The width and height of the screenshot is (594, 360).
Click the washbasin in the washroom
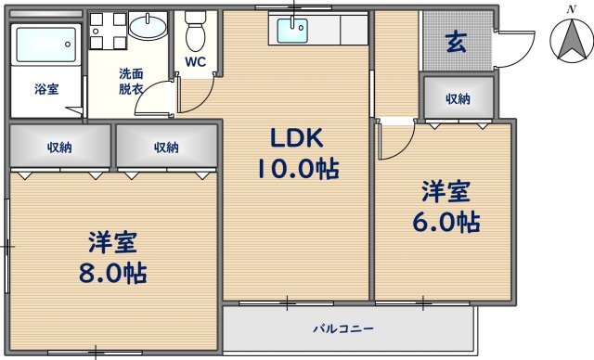coord(148,27)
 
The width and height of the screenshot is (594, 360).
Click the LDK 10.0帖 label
coord(297,154)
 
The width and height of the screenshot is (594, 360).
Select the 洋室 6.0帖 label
coord(447,208)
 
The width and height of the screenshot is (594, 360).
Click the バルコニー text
coord(342,329)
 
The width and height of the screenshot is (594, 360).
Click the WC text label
coord(195,63)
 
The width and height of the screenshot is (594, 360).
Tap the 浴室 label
coord(46,90)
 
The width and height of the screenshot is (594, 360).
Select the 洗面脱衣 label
coord(131,82)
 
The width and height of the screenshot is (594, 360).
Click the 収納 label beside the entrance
coord(458,98)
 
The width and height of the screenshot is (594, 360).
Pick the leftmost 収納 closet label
coord(59,147)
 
